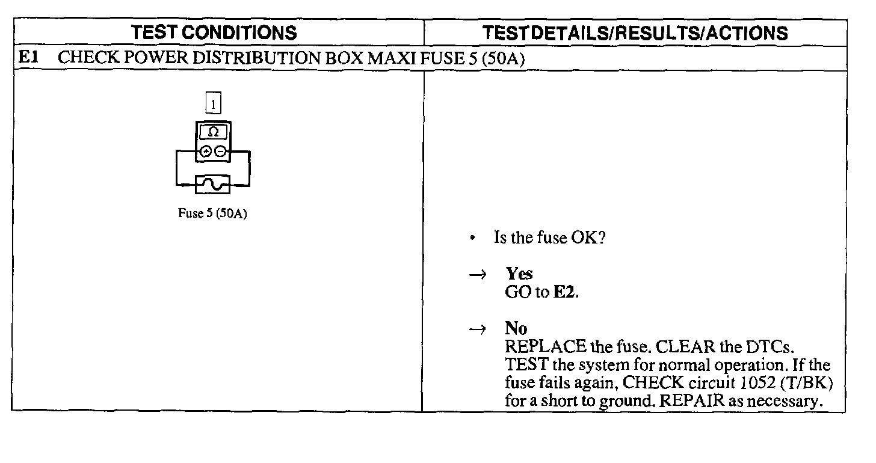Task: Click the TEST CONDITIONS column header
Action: (214, 32)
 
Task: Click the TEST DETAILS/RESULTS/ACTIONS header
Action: (635, 32)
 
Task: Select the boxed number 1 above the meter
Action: (213, 105)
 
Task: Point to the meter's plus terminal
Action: (206, 152)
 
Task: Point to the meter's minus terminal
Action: (220, 152)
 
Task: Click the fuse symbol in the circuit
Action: (213, 185)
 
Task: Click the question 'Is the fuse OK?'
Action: (549, 238)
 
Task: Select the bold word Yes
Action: (519, 274)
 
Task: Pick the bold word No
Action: (516, 328)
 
